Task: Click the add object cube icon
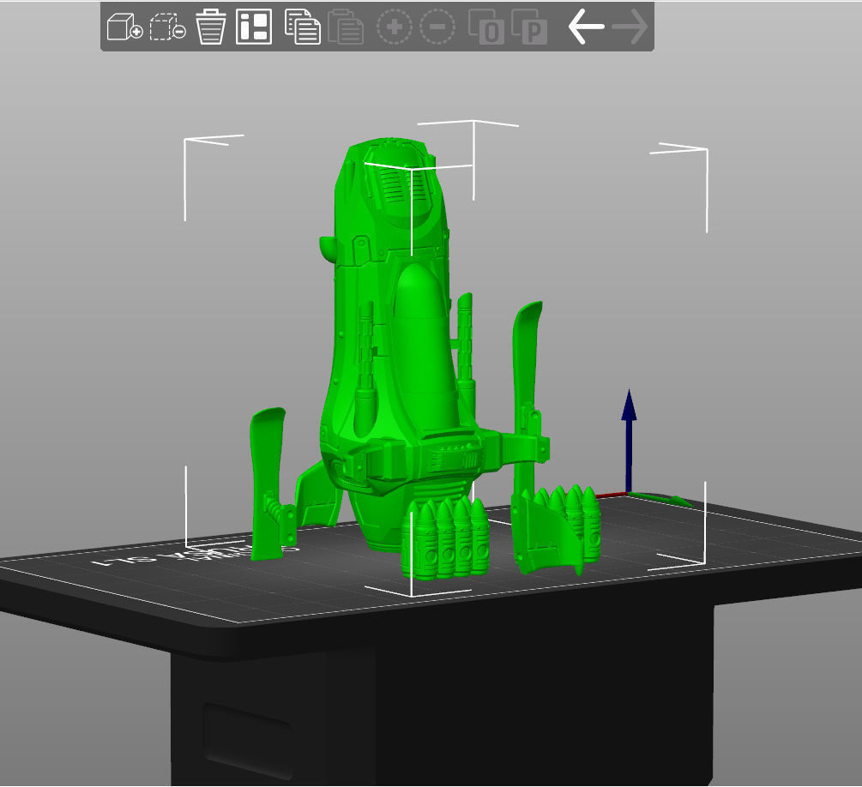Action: pos(124,27)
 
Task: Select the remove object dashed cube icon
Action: pos(167,27)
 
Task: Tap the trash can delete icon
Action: pos(210,27)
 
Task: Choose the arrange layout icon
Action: pos(254,27)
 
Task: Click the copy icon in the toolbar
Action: pos(302,27)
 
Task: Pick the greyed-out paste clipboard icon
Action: pos(346,27)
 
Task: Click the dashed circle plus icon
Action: pos(395,27)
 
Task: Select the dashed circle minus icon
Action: pos(437,27)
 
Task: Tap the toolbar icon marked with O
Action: pos(486,27)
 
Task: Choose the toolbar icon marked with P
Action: pos(529,27)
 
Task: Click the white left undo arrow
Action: pos(586,27)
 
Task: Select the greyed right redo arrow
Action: pos(630,27)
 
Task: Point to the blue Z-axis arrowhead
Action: pos(629,405)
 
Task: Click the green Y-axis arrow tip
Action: pos(684,502)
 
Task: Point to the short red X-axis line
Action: pos(612,495)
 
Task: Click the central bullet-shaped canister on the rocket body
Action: pos(420,343)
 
